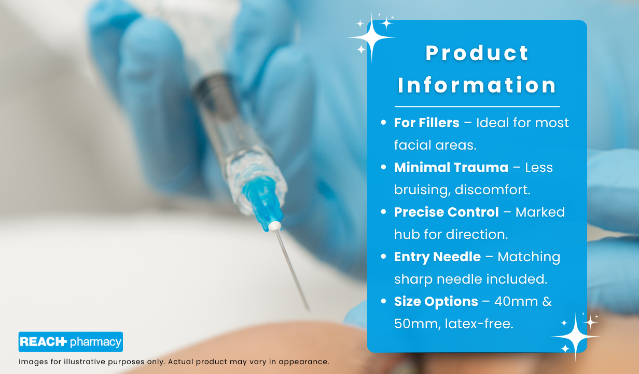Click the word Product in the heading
click(x=477, y=53)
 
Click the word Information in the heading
click(x=477, y=85)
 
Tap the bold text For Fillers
click(x=426, y=123)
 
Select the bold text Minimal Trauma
click(x=451, y=167)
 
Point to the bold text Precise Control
click(x=447, y=212)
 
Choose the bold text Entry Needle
click(x=437, y=257)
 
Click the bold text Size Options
click(x=436, y=301)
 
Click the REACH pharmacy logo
click(x=71, y=342)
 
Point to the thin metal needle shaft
click(x=292, y=270)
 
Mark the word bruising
click(x=423, y=190)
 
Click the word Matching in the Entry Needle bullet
click(x=529, y=257)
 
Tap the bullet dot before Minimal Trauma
click(x=383, y=167)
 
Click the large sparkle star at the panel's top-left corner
click(x=371, y=37)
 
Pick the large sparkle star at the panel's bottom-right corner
click(x=575, y=337)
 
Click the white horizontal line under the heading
click(x=477, y=106)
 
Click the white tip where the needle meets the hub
click(x=275, y=226)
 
